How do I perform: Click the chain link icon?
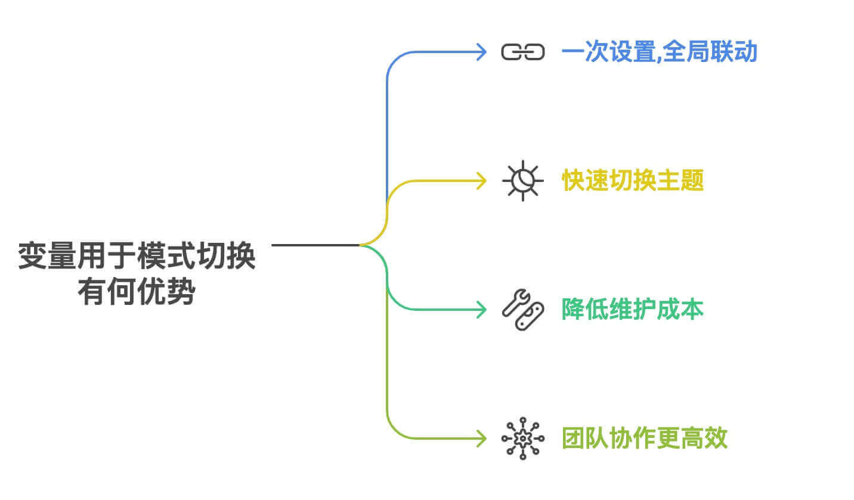tap(522, 53)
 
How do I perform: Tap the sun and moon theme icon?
tap(522, 180)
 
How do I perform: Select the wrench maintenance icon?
tap(522, 310)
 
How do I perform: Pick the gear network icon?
tap(522, 439)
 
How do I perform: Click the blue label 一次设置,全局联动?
tap(659, 53)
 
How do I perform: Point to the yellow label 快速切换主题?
tap(633, 180)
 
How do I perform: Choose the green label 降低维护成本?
tap(633, 309)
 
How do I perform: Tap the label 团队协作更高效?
tap(645, 439)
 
